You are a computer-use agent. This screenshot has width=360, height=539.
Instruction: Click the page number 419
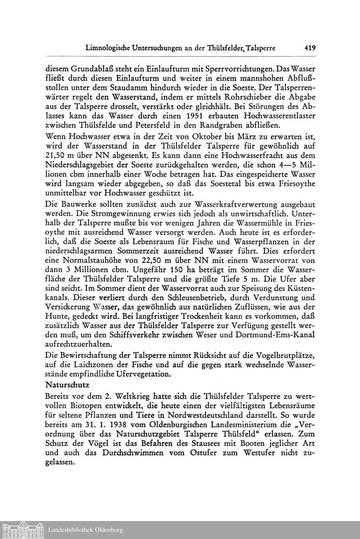pyautogui.click(x=309, y=47)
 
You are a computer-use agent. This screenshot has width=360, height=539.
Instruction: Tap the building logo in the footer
pyautogui.click(x=22, y=530)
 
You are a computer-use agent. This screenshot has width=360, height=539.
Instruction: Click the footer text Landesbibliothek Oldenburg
pyautogui.click(x=85, y=530)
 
